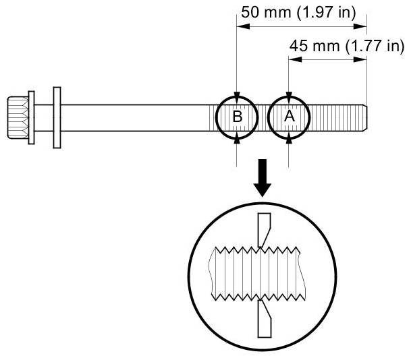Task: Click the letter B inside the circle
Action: tap(238, 117)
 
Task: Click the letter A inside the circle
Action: tap(289, 116)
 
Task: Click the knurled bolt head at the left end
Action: tap(18, 117)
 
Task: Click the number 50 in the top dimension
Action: tap(250, 12)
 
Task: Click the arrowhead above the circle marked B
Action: tap(238, 96)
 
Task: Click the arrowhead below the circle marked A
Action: tap(289, 137)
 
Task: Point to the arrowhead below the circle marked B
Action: tap(238, 138)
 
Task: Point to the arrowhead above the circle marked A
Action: tap(289, 96)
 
